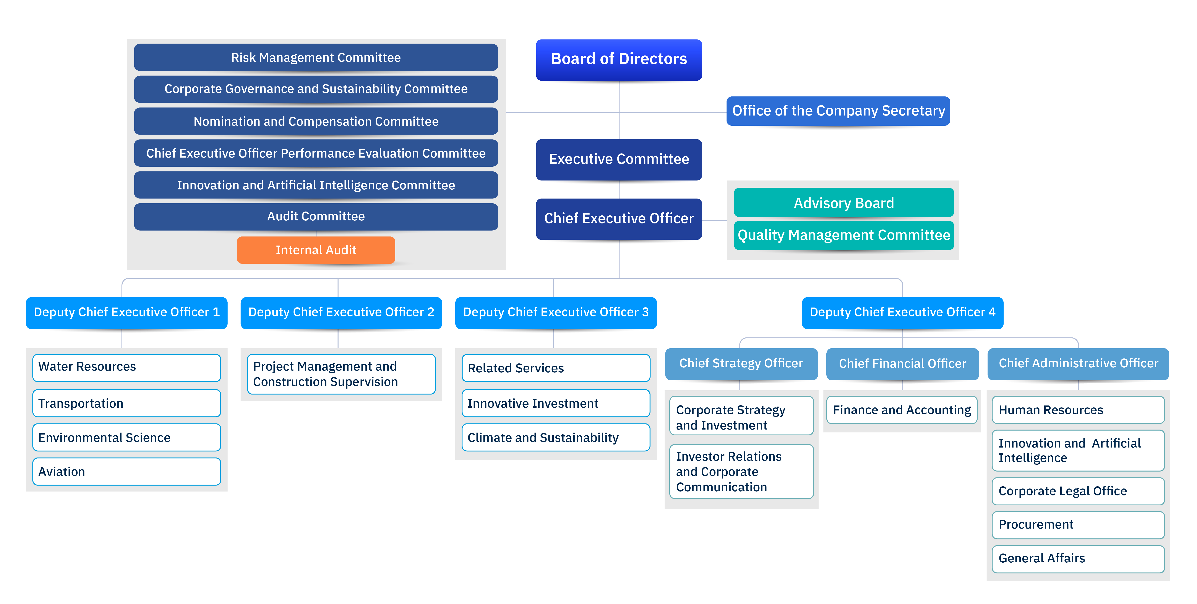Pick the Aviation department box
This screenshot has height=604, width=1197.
tap(126, 472)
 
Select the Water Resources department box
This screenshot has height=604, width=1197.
tap(126, 367)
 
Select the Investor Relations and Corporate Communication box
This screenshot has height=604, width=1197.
tap(741, 472)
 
